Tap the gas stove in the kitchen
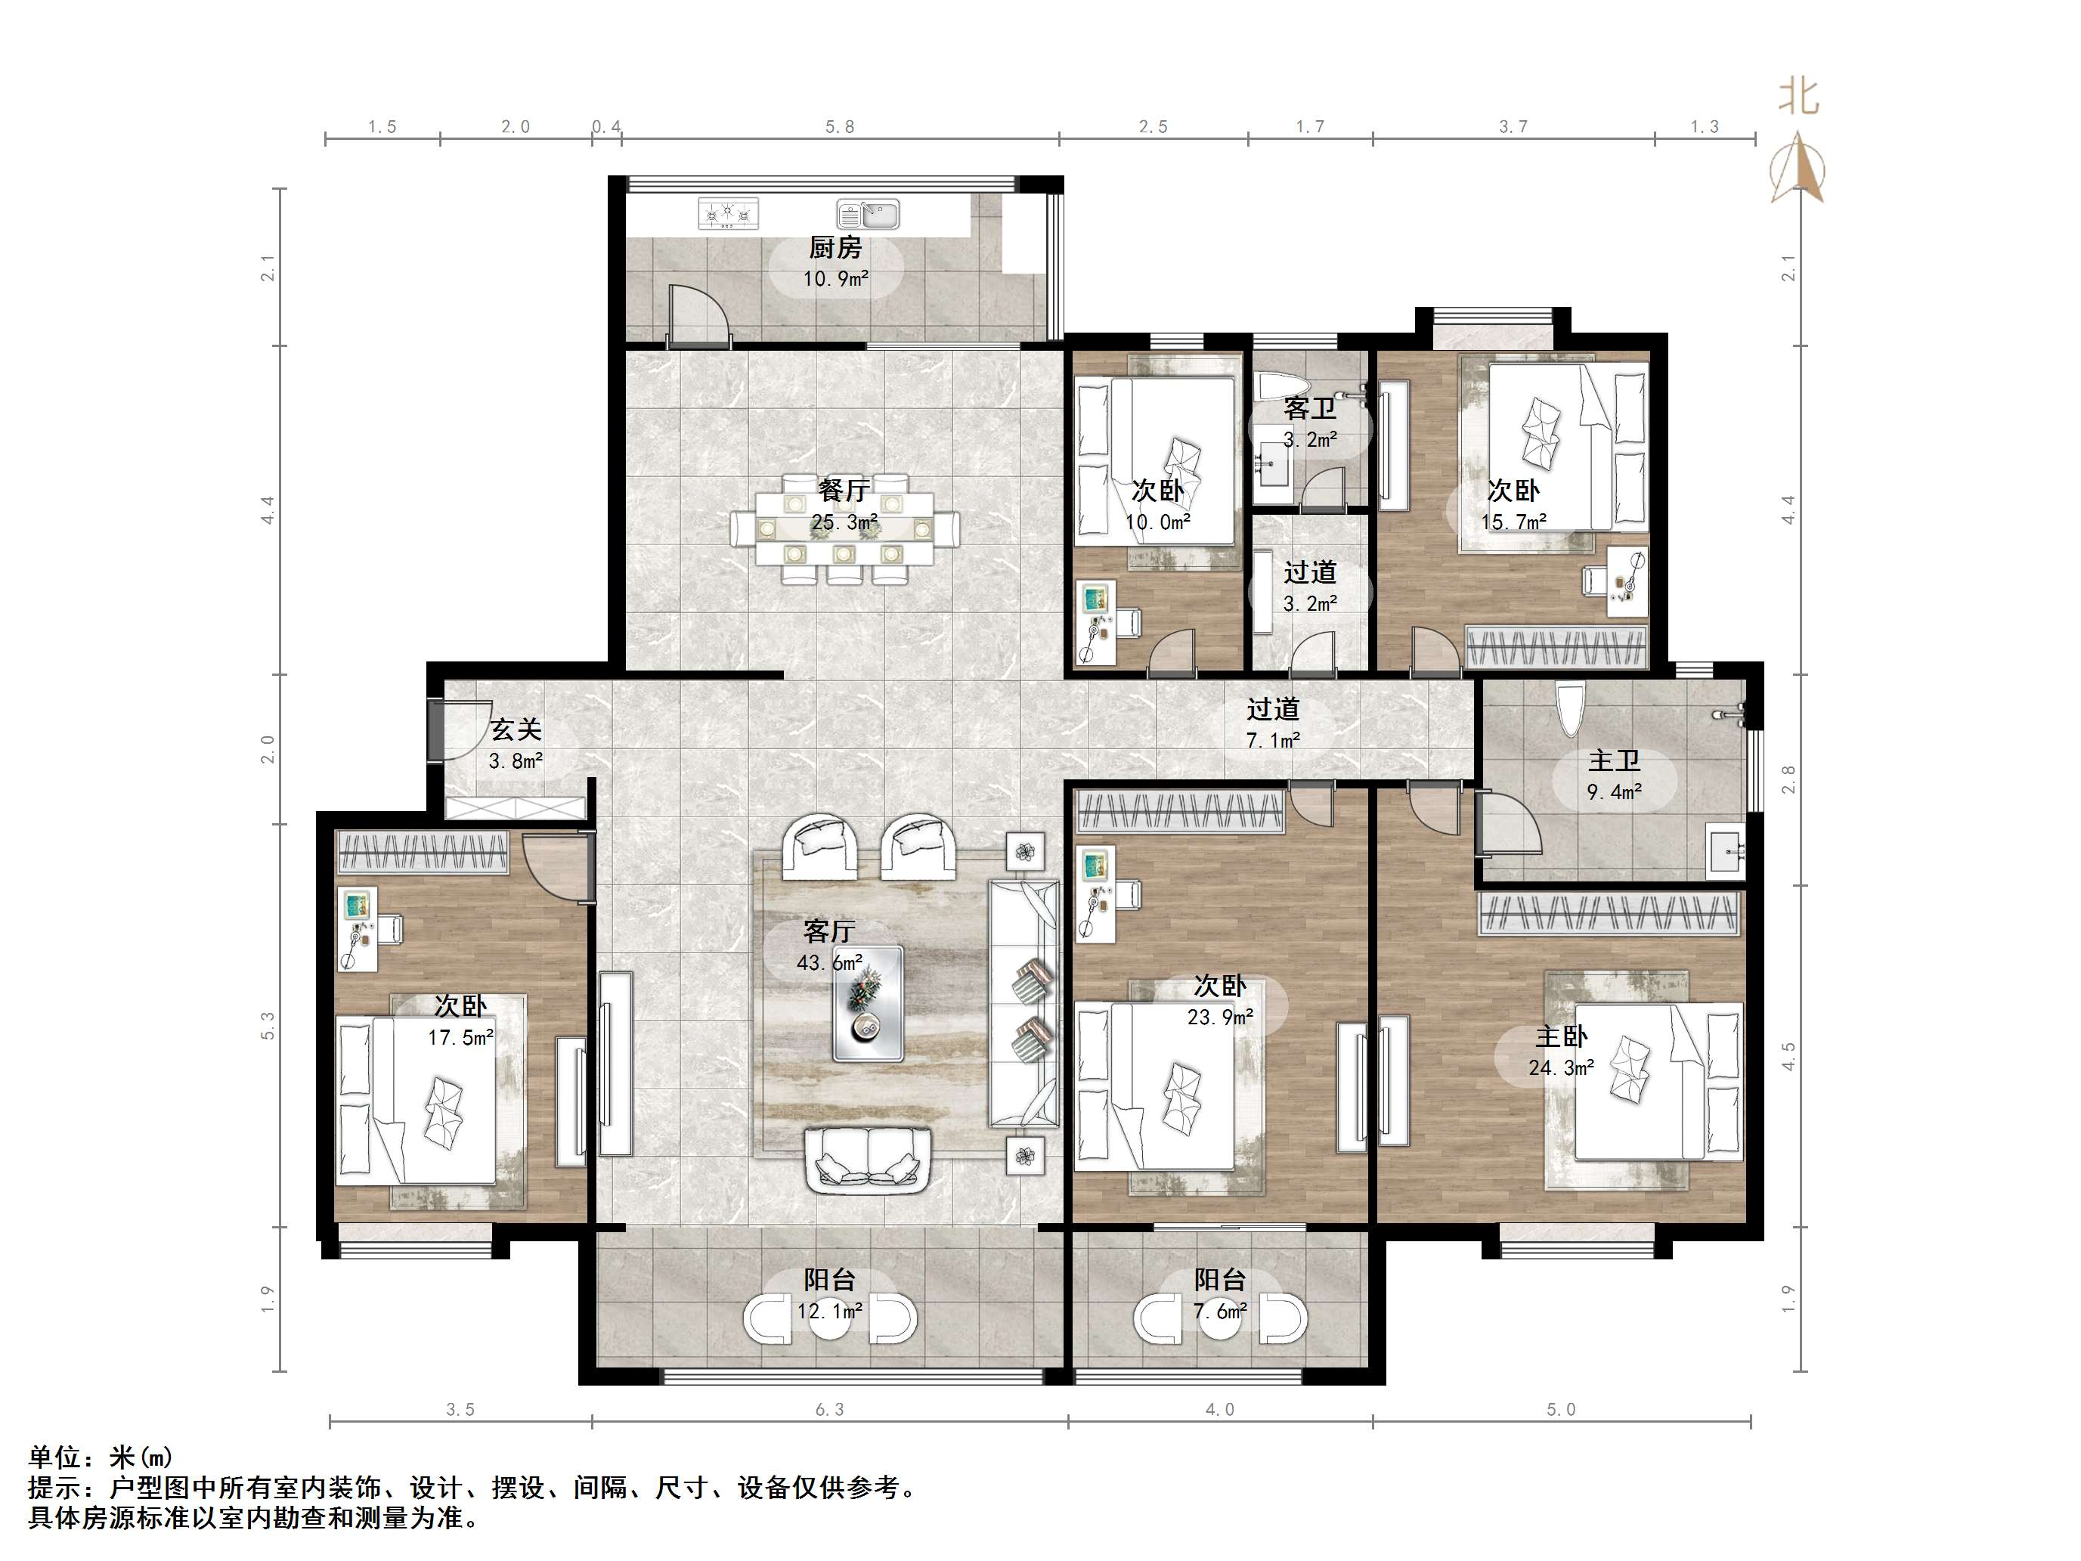tap(728, 214)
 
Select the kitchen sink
tap(869, 214)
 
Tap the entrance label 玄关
tap(516, 729)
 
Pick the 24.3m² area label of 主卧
tap(1562, 1068)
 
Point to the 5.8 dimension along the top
tap(840, 127)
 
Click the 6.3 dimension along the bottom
tap(830, 1410)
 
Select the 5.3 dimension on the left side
tap(268, 1026)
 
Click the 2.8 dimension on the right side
tap(1788, 779)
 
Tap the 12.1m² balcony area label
tap(830, 1311)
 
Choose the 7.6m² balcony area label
tap(1220, 1311)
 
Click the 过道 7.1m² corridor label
tap(1273, 723)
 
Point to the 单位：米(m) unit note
tap(100, 1457)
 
